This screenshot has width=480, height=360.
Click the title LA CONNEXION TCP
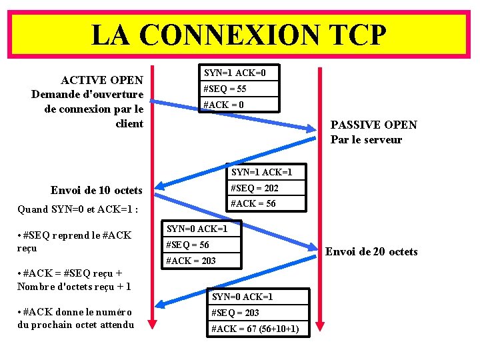(x=238, y=35)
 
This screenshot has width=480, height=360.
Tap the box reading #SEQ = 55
(x=239, y=89)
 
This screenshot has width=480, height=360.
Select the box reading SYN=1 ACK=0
(x=239, y=73)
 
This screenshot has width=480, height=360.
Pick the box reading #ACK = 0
(x=239, y=105)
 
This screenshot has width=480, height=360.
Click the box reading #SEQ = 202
(x=266, y=188)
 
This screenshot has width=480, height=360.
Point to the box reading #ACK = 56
(x=266, y=203)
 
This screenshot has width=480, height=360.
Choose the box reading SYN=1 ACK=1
(x=266, y=172)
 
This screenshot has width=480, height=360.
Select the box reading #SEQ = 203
(x=259, y=313)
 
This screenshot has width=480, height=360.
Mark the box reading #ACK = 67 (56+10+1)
(x=259, y=329)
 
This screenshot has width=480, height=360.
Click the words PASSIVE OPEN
(x=373, y=125)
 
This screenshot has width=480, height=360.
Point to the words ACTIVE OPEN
(x=102, y=80)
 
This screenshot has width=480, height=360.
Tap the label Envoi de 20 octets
(x=371, y=251)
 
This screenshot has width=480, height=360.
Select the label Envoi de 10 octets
(x=97, y=191)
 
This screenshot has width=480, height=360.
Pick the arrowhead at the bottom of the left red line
(x=152, y=323)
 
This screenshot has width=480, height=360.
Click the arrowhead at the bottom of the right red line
(x=320, y=323)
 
